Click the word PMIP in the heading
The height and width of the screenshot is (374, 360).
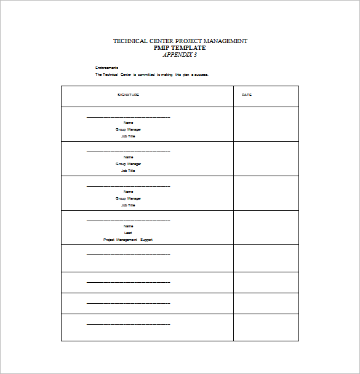click(162, 47)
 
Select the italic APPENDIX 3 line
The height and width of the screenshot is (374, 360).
click(180, 54)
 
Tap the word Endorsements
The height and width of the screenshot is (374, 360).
click(106, 67)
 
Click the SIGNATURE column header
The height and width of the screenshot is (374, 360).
click(129, 95)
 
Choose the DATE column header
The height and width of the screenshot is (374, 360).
click(247, 95)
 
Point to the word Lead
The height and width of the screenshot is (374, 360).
click(128, 233)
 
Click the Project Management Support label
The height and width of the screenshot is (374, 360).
click(128, 240)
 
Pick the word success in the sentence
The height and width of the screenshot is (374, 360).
click(201, 75)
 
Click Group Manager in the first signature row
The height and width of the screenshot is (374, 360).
click(128, 129)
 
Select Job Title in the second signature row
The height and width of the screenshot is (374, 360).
click(128, 171)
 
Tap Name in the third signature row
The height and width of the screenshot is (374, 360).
click(128, 192)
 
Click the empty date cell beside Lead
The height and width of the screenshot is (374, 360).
click(266, 227)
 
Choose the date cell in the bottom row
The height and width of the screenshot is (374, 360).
click(266, 327)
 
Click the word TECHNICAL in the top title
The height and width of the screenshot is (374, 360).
click(130, 41)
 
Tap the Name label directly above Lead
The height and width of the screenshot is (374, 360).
click(128, 226)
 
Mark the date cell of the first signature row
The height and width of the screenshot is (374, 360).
click(266, 124)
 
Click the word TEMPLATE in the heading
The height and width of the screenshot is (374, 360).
click(189, 47)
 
